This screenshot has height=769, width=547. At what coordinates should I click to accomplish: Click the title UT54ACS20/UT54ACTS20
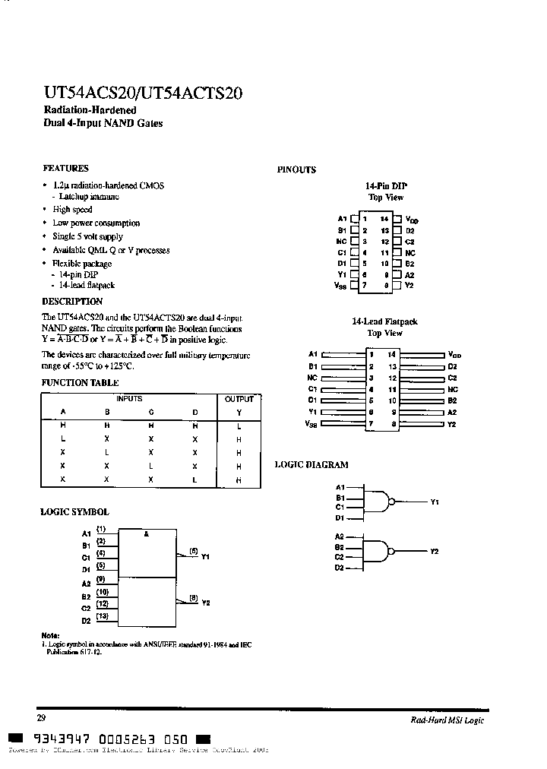click(x=142, y=94)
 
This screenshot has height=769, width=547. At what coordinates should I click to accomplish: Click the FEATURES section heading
click(x=65, y=168)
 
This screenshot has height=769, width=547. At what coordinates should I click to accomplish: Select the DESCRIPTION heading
click(x=72, y=301)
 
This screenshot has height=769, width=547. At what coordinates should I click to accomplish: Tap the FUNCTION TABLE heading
click(x=80, y=383)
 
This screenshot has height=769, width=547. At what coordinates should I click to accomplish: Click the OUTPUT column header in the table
click(x=239, y=399)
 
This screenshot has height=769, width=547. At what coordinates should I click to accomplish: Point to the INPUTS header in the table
click(x=129, y=399)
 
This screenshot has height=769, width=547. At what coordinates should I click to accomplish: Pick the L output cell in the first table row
click(x=239, y=426)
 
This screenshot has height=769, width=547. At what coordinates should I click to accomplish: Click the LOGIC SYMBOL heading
click(x=74, y=512)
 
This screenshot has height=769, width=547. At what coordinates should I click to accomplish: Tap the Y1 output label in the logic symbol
click(x=205, y=558)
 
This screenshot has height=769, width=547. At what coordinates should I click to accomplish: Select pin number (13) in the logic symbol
click(x=102, y=616)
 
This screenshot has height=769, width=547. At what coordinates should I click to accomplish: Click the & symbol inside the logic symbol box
click(x=147, y=534)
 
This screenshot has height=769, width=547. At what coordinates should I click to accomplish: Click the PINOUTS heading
click(x=296, y=169)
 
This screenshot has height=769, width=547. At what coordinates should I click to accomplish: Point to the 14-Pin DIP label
click(x=386, y=185)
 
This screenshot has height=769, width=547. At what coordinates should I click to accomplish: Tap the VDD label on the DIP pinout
click(x=412, y=219)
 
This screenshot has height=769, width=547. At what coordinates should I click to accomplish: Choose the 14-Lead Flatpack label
click(x=385, y=321)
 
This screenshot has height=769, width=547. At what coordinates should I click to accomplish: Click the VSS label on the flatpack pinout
click(x=311, y=424)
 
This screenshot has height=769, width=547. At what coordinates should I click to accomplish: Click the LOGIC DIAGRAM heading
click(x=311, y=464)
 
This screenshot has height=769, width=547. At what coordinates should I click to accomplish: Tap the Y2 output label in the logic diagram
click(x=435, y=552)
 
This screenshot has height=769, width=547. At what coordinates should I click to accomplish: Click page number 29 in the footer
click(x=42, y=717)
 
